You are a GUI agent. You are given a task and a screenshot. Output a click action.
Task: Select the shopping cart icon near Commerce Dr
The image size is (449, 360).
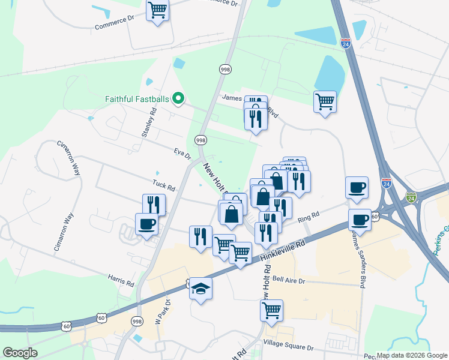pos(157,10)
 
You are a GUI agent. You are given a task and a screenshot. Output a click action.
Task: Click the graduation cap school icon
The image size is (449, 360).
pos(200,289)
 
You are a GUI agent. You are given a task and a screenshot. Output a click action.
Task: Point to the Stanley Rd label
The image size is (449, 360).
pos(149,123)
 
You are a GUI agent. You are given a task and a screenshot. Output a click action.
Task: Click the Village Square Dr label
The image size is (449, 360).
pos(289,347)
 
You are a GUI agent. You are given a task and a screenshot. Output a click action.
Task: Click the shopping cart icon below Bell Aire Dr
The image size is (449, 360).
pos(271,311)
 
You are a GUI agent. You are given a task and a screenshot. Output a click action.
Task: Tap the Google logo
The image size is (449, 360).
pos(20,353)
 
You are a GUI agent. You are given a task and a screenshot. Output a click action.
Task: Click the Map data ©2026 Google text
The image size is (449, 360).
pos(412,355)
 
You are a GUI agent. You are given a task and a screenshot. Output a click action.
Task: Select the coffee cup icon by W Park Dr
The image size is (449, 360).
pos(146,224)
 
